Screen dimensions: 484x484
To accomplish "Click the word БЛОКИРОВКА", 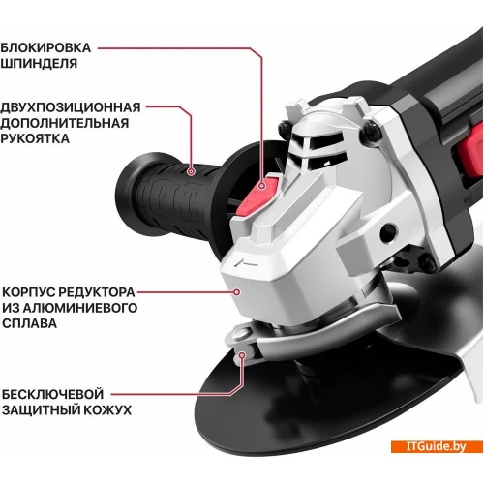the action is coord(45,48).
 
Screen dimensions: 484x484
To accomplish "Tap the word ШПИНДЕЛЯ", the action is coord(39,64).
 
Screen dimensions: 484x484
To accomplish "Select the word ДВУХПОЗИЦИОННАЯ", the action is coord(71,107).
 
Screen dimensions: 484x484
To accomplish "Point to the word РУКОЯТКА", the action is coord(35,138).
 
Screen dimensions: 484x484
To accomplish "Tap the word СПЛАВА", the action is coord(30,323).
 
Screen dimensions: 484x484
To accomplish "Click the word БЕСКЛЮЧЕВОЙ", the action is coord(53,394).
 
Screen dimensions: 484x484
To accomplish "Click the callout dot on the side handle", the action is coord(192,171).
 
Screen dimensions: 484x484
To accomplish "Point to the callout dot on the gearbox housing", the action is coord(237,292).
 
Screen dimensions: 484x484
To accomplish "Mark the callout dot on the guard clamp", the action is coord(242,355).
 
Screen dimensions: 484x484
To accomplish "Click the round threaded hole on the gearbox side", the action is coord(388,230).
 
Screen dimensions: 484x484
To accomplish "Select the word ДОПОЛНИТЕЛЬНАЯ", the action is coord(65,123).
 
